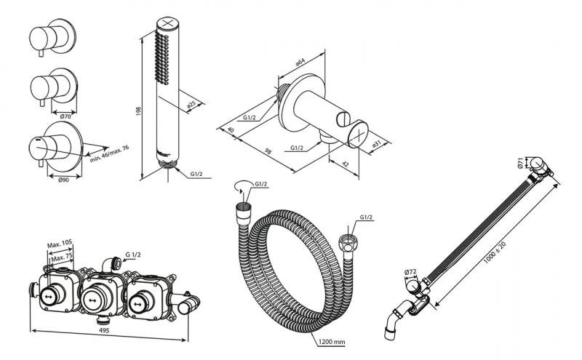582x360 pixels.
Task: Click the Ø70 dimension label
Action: [x=64, y=116]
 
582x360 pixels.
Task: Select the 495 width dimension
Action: [x=106, y=332]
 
